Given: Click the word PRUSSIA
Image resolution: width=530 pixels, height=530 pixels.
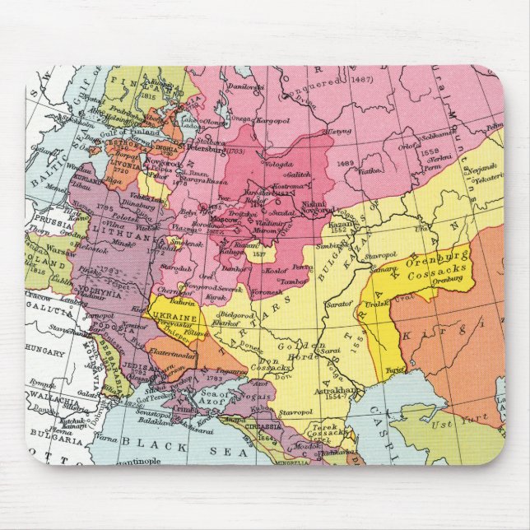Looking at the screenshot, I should click(49, 221).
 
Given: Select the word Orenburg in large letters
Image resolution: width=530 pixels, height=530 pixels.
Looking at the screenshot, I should click(435, 258).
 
